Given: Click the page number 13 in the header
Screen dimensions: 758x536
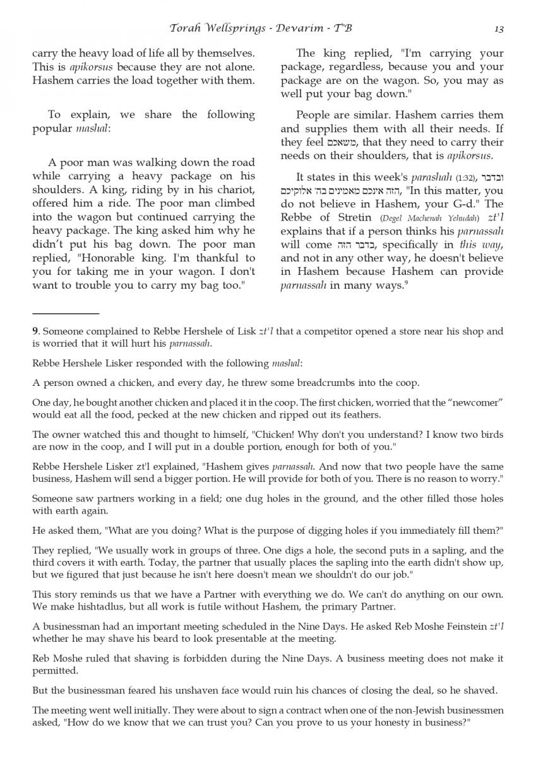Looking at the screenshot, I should [499, 28].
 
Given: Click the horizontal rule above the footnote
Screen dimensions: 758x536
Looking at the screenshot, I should [66, 313].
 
